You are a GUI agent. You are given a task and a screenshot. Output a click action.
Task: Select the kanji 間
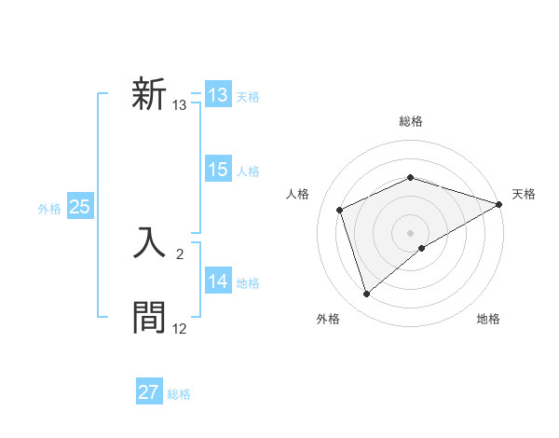(149, 317)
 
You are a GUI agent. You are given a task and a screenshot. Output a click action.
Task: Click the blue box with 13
(218, 95)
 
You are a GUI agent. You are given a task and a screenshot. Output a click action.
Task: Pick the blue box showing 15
(218, 170)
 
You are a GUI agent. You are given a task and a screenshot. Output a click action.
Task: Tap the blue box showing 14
(218, 281)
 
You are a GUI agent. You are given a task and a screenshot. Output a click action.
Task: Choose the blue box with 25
(79, 207)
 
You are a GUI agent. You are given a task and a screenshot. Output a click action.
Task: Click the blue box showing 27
(149, 392)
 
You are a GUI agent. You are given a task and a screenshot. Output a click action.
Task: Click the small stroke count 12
(179, 329)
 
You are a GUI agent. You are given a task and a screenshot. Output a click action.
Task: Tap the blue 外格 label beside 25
(49, 209)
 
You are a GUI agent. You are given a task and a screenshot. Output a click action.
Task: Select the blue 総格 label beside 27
(179, 394)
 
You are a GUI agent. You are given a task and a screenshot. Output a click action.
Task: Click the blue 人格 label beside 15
(248, 171)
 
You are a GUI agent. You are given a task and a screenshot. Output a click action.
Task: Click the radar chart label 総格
(410, 121)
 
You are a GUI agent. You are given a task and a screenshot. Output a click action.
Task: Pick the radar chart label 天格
(524, 194)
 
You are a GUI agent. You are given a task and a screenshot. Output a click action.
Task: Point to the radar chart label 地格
(488, 320)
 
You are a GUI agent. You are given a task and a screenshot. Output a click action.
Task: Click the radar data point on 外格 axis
(367, 294)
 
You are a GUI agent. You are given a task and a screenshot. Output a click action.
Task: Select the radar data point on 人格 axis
(340, 210)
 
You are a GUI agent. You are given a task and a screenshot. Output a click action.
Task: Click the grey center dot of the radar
(410, 233)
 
